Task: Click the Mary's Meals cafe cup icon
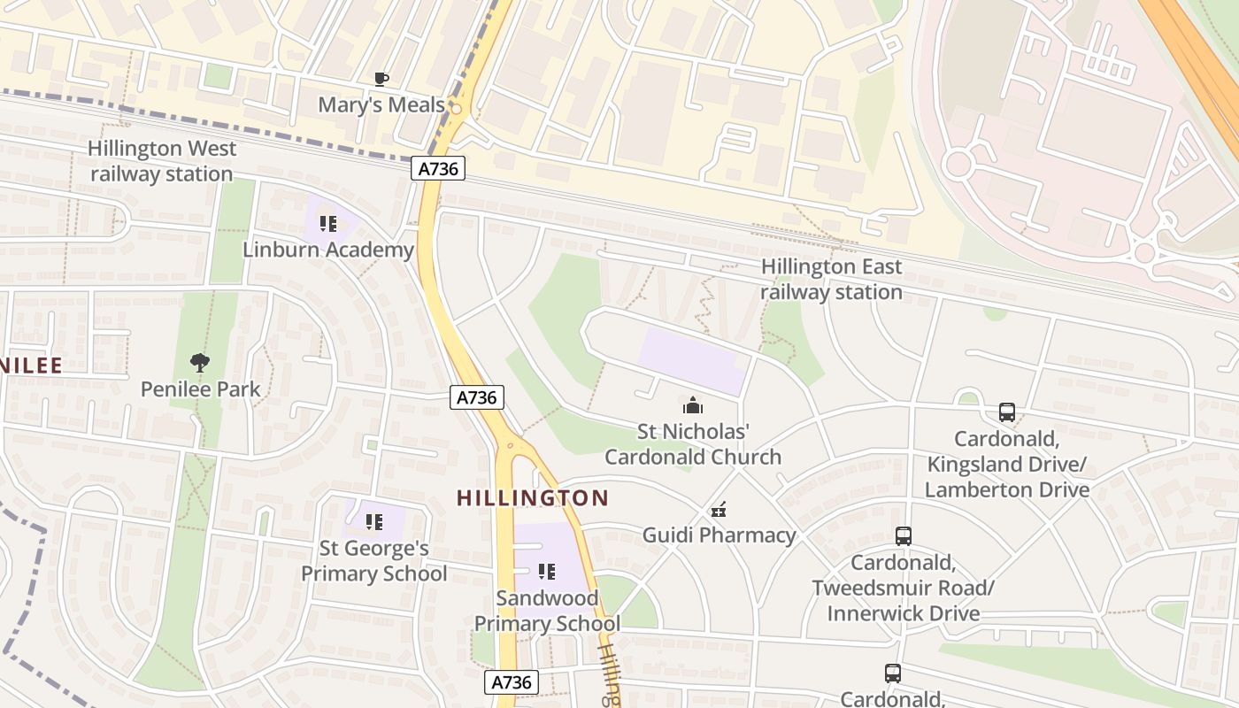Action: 381,79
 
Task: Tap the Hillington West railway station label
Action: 161,161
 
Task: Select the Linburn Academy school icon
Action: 328,224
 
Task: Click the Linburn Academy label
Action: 328,250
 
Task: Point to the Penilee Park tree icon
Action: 201,362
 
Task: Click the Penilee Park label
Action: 201,389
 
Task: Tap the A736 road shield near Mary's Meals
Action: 438,168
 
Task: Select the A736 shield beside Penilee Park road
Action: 476,397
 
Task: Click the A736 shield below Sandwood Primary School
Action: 512,682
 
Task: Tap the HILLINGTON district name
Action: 533,498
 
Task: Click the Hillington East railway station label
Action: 831,279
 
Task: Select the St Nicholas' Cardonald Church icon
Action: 692,406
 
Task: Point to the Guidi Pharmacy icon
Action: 719,510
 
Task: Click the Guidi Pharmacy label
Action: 719,535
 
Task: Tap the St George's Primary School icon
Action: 374,522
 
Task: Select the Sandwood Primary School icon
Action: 547,572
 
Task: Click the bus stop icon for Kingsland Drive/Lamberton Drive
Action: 1007,412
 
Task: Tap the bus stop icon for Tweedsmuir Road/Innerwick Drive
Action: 903,536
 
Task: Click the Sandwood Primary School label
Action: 547,611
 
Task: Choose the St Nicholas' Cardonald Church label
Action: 692,444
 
